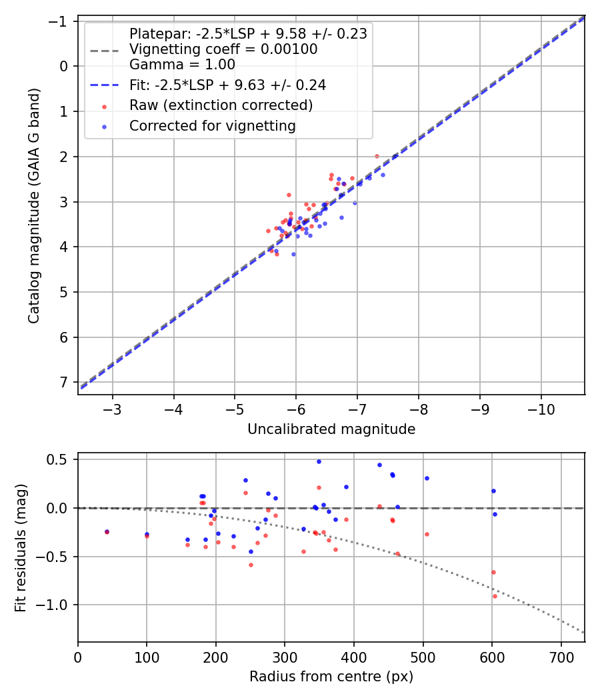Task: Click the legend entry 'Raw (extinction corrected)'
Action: (x=221, y=105)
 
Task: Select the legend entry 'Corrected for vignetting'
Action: (x=212, y=125)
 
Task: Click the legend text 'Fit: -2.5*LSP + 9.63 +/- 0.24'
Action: (x=227, y=85)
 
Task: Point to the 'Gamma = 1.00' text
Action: (x=182, y=65)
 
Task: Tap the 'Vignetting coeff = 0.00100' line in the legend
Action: (x=223, y=49)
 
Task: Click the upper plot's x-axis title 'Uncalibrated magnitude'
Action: (x=331, y=429)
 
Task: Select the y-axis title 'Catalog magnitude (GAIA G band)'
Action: (x=34, y=205)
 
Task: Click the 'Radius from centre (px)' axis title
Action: (x=331, y=677)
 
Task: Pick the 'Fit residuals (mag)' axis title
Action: (x=21, y=547)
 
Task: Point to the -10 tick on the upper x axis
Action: (x=541, y=408)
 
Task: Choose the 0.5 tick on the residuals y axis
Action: (x=59, y=459)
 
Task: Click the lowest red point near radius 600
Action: (x=495, y=596)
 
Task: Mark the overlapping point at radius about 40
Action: (x=107, y=531)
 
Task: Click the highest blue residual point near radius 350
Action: (x=319, y=461)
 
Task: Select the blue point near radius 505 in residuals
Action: (x=427, y=478)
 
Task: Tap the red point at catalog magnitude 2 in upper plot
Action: (x=377, y=156)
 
